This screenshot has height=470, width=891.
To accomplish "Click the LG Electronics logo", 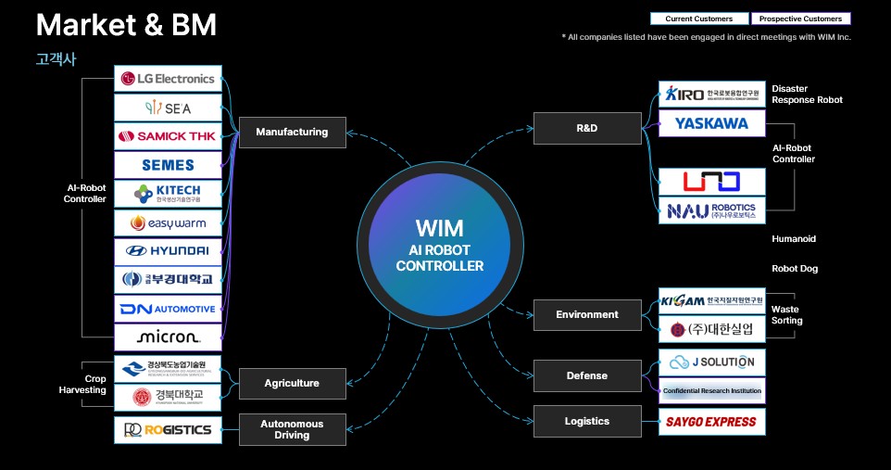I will tap(168, 79).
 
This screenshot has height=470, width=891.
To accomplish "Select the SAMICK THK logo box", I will tap(168, 136).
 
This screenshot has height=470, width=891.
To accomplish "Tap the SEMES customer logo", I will tap(168, 165).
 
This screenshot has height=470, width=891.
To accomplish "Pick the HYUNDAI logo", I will tap(168, 250).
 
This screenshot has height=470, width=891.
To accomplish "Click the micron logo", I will tap(168, 336).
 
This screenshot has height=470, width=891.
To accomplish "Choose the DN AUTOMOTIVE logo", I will tap(168, 308).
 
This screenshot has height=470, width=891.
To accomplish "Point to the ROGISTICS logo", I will tap(168, 429).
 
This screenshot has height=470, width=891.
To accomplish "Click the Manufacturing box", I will tap(292, 132).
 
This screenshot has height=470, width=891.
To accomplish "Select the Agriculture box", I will tap(292, 383).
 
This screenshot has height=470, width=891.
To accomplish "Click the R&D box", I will tap(587, 128).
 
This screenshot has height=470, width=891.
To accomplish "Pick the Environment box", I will tap(587, 314).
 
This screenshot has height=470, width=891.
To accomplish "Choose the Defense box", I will tap(587, 375).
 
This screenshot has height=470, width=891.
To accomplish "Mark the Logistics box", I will tap(587, 421).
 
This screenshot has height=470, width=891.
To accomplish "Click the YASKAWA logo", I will tap(711, 123).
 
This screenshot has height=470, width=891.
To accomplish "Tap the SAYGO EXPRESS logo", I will tap(711, 422).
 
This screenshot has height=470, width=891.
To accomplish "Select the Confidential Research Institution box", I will tap(711, 391).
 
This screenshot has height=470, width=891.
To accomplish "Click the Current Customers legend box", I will tap(698, 19).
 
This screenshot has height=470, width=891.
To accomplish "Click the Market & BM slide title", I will tap(126, 26).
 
